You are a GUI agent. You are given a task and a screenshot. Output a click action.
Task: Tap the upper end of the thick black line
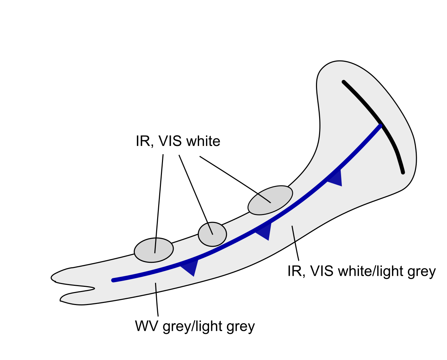344,82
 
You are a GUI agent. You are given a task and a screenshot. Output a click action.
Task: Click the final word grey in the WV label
241,326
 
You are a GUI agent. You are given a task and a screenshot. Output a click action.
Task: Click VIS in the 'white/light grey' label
322,271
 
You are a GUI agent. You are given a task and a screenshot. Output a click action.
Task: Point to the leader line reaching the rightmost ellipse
234,179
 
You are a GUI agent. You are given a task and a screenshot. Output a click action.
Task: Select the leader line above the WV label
157,299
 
